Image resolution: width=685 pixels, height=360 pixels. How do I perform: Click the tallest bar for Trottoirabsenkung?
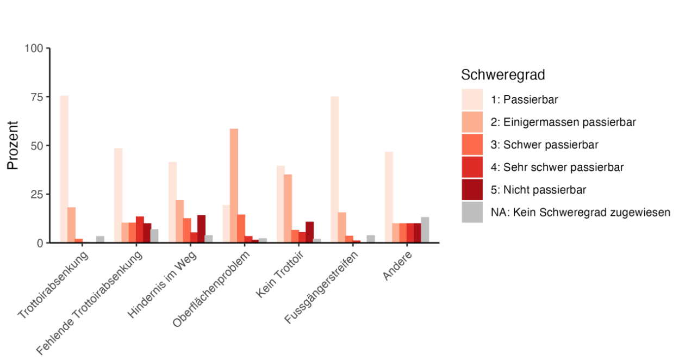click(64, 169)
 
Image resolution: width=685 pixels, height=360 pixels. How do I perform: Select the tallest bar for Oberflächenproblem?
click(234, 185)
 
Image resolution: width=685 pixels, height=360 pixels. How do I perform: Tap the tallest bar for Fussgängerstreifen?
click(334, 170)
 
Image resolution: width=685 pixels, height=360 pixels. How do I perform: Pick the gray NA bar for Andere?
click(425, 230)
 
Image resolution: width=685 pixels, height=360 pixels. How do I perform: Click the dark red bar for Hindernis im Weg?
click(201, 229)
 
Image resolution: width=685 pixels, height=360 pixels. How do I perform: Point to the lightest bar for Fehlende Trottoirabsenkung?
click(119, 195)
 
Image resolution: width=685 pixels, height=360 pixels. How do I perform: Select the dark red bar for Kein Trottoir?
click(309, 232)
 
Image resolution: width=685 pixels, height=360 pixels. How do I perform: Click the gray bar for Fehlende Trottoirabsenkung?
click(154, 236)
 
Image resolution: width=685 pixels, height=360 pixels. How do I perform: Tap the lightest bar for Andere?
click(389, 197)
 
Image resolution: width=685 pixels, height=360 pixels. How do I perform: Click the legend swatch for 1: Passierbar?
click(472, 100)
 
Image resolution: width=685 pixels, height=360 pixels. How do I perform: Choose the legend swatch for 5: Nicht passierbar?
click(472, 190)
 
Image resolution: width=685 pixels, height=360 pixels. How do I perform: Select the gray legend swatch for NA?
click(472, 212)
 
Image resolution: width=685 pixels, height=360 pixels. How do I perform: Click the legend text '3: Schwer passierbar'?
click(545, 145)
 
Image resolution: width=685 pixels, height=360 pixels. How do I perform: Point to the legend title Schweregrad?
click(503, 75)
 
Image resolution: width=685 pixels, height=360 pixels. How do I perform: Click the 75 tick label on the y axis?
click(37, 97)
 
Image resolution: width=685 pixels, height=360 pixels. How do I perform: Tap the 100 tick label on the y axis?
click(34, 48)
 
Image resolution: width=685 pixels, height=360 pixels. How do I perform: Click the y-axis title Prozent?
click(13, 145)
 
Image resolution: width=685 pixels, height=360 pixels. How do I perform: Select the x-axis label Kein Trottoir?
click(280, 275)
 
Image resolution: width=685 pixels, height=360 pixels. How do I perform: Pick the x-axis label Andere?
click(397, 266)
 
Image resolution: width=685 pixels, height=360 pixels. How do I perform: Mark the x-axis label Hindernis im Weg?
click(162, 285)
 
